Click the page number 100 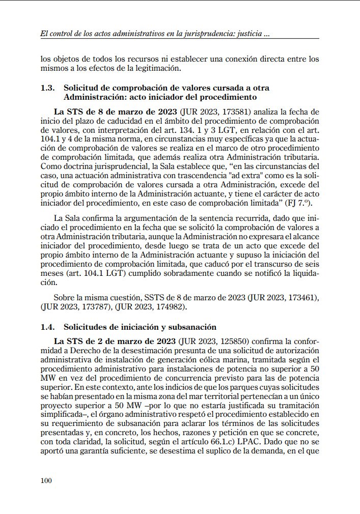(47, 480)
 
